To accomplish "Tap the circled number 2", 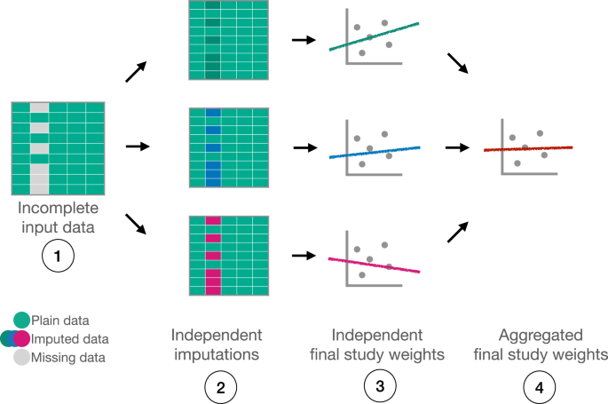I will (x=218, y=388).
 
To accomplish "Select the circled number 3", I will (x=377, y=386).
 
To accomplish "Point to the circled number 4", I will (x=539, y=386).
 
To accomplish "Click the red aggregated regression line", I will (x=528, y=148).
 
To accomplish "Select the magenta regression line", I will (x=373, y=265).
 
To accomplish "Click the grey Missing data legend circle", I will (x=21, y=358).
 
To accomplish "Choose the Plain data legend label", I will (x=60, y=320).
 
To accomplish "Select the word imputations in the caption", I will (x=218, y=355).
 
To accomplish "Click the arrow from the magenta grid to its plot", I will (x=302, y=256).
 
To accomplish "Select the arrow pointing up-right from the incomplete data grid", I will (x=136, y=73).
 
